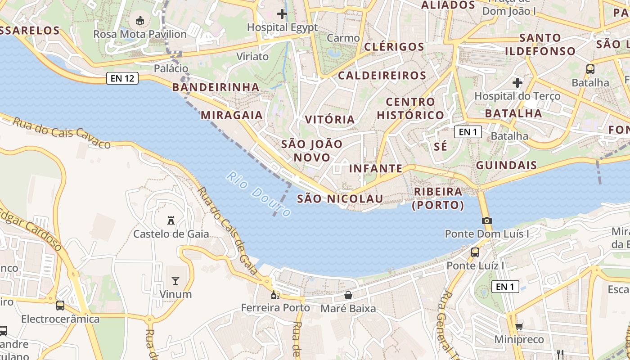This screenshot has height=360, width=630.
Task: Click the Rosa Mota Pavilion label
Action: [139, 34]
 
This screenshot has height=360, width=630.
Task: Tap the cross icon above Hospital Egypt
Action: [282, 14]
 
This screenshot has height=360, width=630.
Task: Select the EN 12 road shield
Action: [122, 78]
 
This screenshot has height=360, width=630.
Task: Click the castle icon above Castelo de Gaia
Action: [171, 220]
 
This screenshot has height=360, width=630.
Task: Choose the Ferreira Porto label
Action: [275, 308]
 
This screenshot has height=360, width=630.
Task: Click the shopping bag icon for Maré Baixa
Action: [348, 295]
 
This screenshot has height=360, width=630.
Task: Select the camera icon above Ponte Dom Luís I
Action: [486, 220]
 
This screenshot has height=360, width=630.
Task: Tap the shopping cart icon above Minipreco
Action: [519, 326]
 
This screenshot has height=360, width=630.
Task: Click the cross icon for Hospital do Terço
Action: [517, 83]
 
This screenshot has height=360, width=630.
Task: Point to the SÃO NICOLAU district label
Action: [340, 198]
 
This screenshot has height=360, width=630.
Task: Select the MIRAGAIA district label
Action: [231, 115]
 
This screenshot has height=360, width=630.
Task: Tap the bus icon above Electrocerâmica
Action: [60, 306]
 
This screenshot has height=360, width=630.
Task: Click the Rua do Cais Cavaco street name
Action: [62, 133]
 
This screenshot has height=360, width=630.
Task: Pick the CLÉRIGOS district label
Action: [394, 47]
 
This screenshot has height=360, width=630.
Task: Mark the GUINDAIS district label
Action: [506, 165]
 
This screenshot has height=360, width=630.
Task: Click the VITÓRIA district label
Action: [330, 119]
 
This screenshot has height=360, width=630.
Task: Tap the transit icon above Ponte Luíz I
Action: [475, 252]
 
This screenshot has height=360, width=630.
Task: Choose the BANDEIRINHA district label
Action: [216, 87]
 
